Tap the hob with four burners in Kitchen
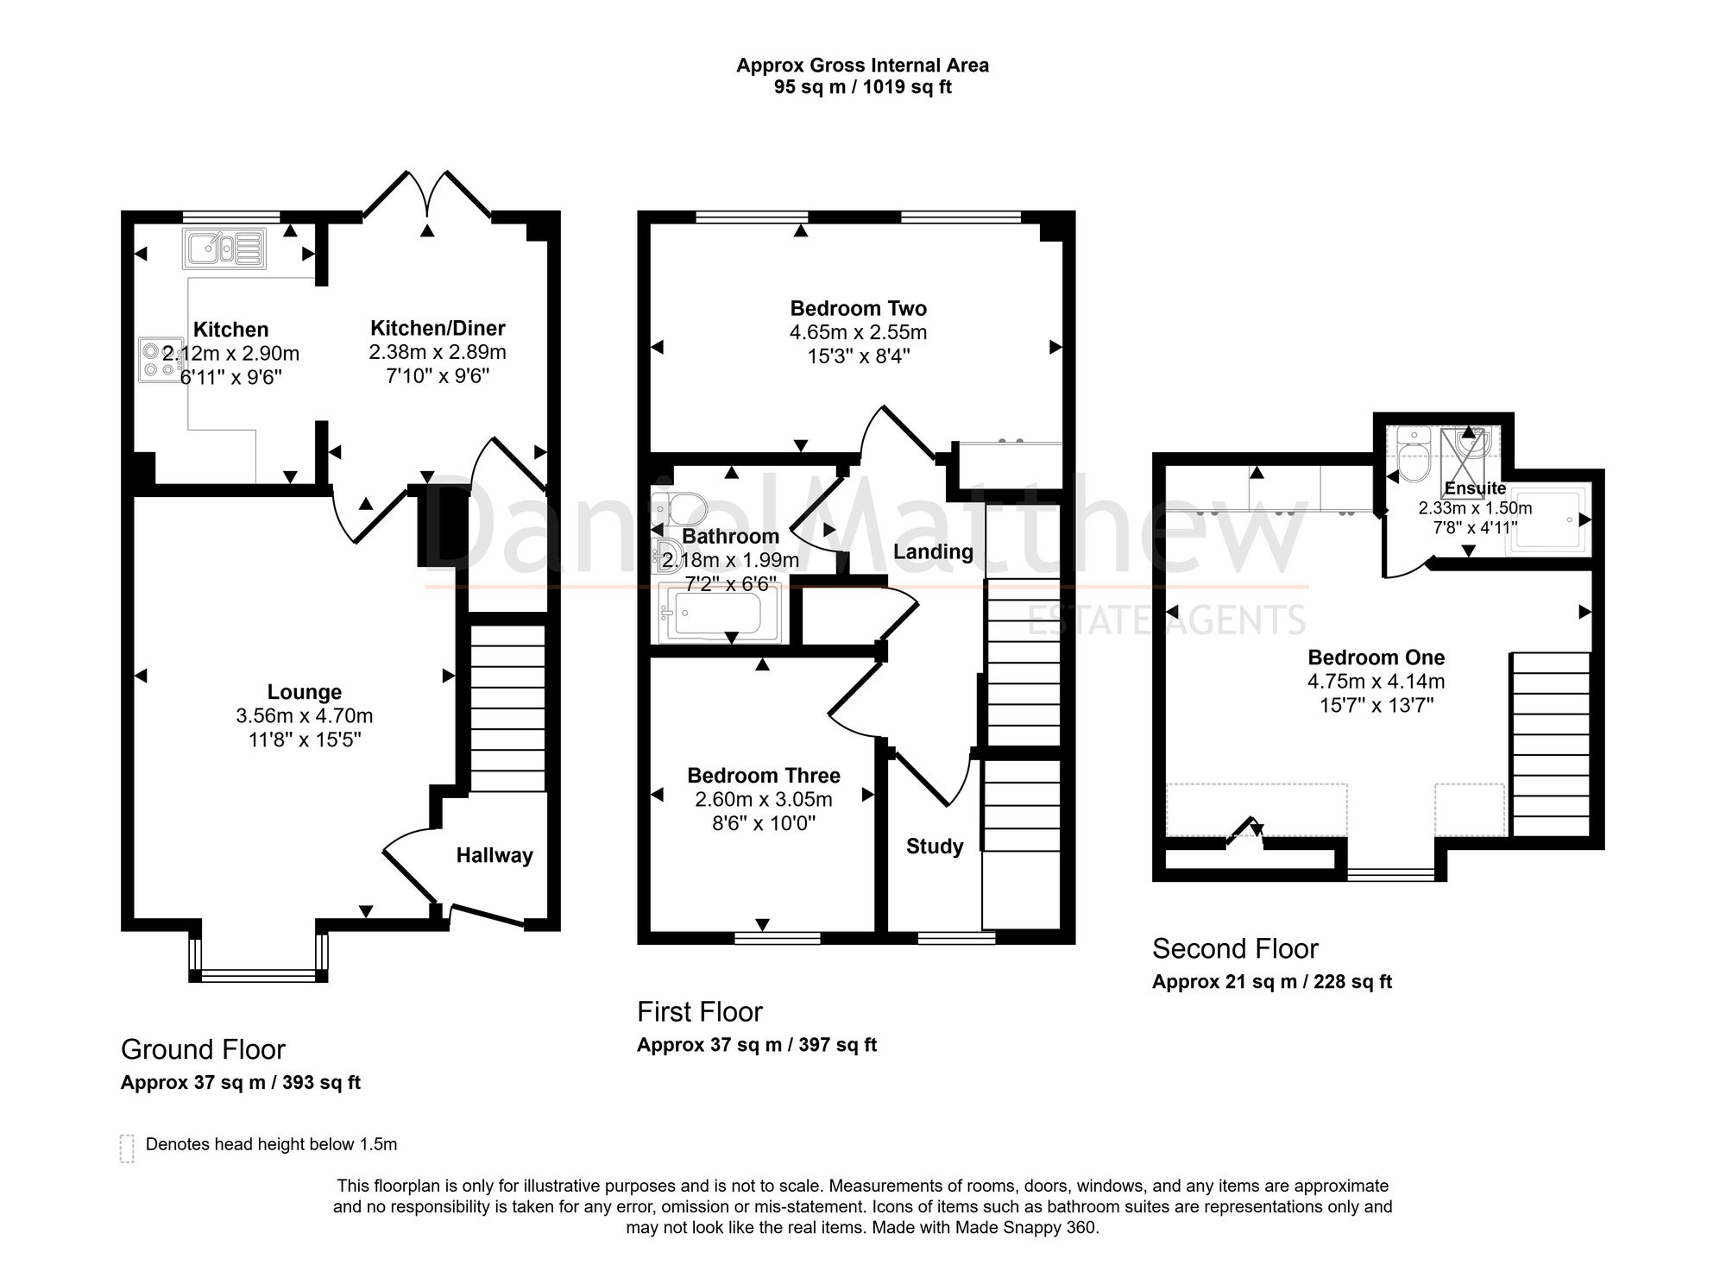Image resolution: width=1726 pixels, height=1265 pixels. (x=161, y=359)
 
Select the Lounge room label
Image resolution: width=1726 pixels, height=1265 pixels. (x=305, y=692)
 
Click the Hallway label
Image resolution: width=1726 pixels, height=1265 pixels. (x=494, y=855)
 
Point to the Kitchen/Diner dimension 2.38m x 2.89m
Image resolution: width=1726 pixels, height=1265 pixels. (x=438, y=352)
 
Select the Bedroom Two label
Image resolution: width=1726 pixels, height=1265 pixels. (x=859, y=308)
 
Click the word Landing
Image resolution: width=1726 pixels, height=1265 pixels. (x=933, y=552)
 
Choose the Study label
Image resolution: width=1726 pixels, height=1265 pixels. (x=935, y=846)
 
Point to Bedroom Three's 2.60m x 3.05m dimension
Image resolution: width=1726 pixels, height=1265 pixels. (x=764, y=799)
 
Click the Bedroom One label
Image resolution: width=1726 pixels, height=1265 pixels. (x=1376, y=658)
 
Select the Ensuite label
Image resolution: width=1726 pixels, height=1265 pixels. (x=1476, y=488)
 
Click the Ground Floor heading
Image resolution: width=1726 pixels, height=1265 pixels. (x=203, y=1049)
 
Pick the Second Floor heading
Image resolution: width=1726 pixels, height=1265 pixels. (x=1235, y=949)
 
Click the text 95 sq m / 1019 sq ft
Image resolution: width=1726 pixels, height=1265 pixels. (x=863, y=87)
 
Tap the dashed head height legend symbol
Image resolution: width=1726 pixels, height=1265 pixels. (x=127, y=1149)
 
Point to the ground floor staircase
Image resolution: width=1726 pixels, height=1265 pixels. (x=507, y=708)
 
